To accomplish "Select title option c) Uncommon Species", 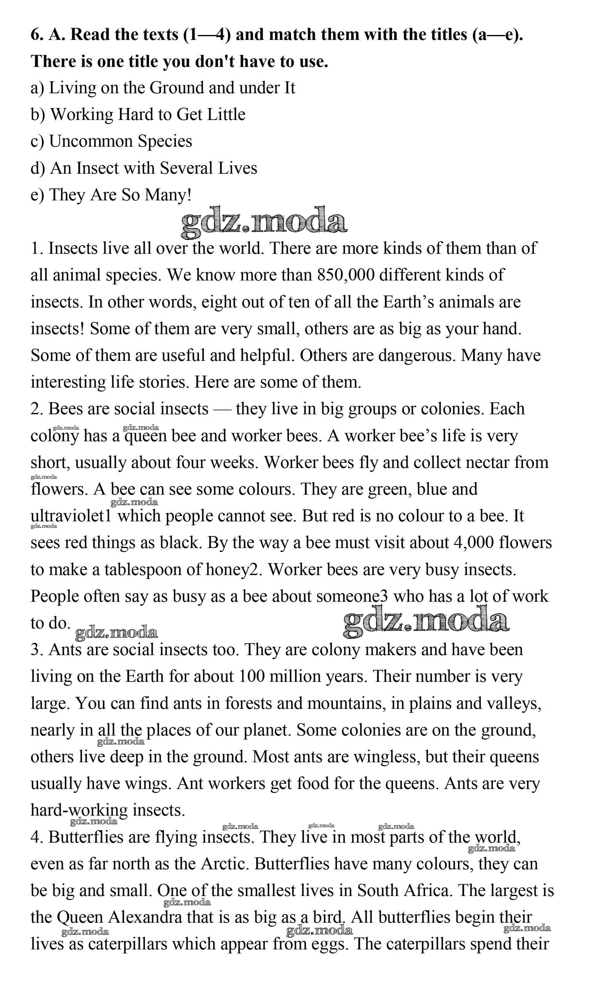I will tap(111, 141).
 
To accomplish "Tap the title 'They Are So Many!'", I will tap(120, 195).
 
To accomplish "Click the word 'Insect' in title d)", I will tap(99, 168).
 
